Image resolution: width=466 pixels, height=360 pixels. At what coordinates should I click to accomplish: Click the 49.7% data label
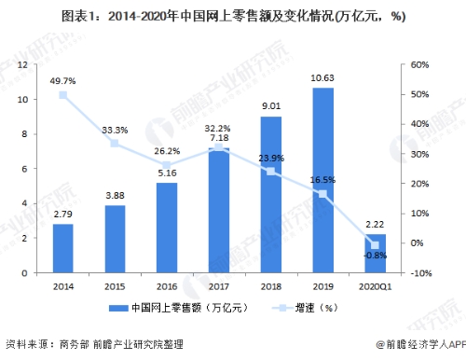coord(62,82)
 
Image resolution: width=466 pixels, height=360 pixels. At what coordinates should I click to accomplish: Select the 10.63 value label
coord(322,77)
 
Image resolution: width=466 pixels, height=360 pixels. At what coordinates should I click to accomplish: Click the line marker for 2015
coord(115,143)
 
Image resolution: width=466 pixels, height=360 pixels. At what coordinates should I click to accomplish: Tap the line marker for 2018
coord(270,172)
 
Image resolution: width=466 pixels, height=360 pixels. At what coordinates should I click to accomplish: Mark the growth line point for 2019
coord(322,194)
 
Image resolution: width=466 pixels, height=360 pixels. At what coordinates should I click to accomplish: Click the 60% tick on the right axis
coord(419,64)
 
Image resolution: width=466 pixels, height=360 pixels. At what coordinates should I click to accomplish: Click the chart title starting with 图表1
coord(233,16)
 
